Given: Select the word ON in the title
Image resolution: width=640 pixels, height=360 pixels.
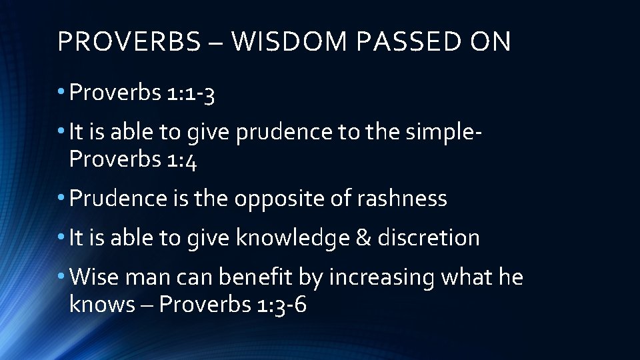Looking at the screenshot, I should tap(490, 42).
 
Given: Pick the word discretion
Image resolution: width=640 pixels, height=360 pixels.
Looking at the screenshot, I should tap(428, 237).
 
